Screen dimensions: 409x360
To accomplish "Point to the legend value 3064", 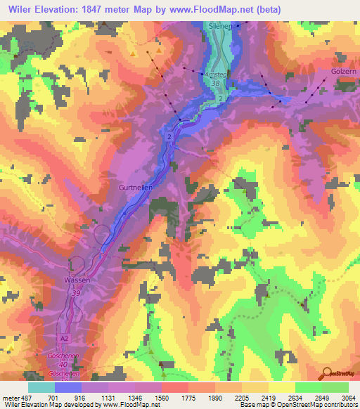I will pyautogui.click(x=340, y=397).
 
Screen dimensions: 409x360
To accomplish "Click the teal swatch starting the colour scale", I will pyautogui.click(x=41, y=387).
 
